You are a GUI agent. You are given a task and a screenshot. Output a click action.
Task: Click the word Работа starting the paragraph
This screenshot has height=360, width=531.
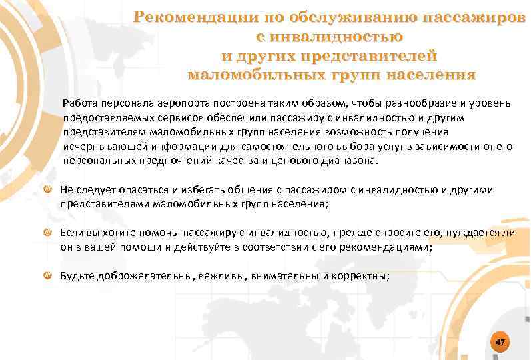[x=80, y=104]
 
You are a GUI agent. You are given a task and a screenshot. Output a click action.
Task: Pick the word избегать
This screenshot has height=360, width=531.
[x=198, y=190]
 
